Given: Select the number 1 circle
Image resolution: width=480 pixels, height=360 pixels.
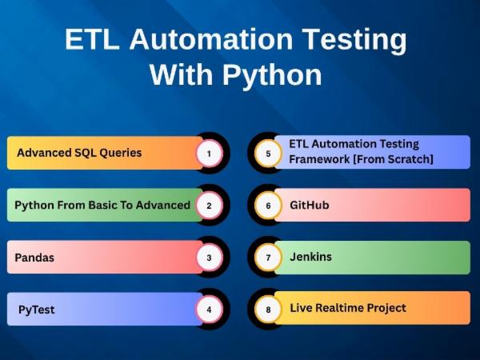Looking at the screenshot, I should [x=209, y=153].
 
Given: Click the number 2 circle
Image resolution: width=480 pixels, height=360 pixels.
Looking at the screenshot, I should [x=209, y=205].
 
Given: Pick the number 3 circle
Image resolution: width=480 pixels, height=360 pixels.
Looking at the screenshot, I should [x=209, y=258].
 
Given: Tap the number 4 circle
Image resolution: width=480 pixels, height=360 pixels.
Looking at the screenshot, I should [x=209, y=309].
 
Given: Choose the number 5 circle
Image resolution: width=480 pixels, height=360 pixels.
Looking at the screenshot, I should [x=268, y=153].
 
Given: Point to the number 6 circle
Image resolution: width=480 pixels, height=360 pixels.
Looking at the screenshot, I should [x=268, y=205].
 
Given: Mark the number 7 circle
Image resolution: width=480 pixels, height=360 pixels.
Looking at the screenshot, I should [x=268, y=258].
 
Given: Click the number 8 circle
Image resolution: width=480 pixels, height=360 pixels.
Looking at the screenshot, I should [x=268, y=309].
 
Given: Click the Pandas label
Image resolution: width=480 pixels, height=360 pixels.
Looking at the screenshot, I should [x=35, y=258].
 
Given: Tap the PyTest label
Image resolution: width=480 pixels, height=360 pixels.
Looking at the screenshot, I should [x=37, y=310].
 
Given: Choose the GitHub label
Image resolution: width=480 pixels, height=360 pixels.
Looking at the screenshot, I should [x=309, y=205].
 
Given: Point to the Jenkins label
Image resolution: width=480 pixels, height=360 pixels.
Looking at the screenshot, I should [x=310, y=257].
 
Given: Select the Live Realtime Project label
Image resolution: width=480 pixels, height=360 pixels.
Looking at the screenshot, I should [x=348, y=308].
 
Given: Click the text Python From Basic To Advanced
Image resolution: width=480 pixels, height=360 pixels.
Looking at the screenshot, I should [x=102, y=205].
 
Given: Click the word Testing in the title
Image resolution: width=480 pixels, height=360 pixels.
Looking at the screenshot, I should [x=355, y=40].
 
